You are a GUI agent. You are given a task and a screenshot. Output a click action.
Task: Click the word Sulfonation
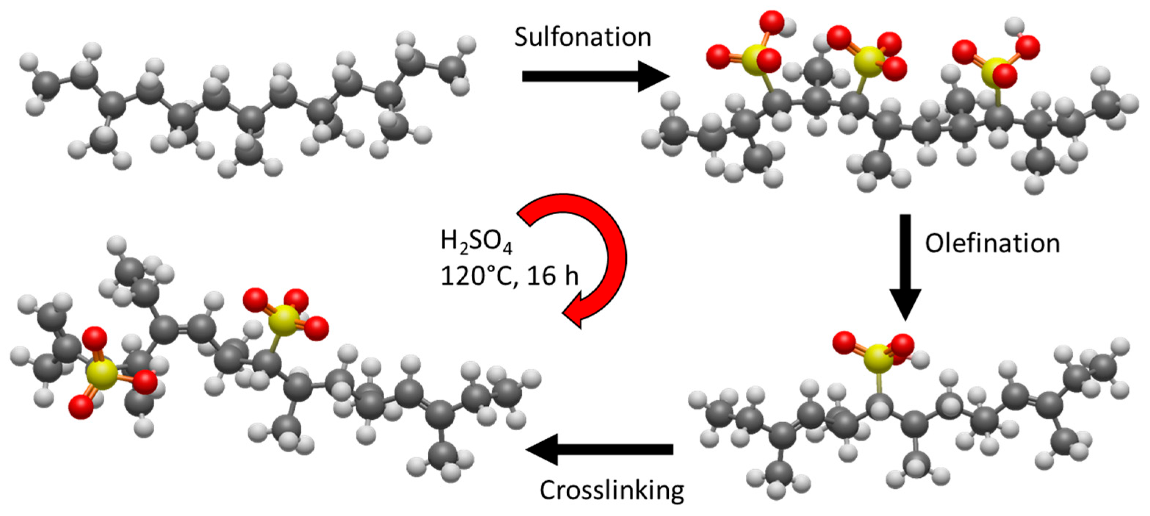click(583, 37)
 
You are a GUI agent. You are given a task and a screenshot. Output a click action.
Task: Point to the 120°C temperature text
click(480, 276)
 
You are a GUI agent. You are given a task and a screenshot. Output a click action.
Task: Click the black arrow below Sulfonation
click(596, 76)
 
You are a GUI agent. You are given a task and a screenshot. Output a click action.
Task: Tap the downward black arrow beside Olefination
click(905, 267)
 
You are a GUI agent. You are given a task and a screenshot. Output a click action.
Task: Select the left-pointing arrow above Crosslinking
click(599, 449)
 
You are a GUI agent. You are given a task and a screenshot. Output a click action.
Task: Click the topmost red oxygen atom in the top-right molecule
click(771, 23)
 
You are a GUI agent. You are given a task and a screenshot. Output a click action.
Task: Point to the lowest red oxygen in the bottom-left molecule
click(81, 406)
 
